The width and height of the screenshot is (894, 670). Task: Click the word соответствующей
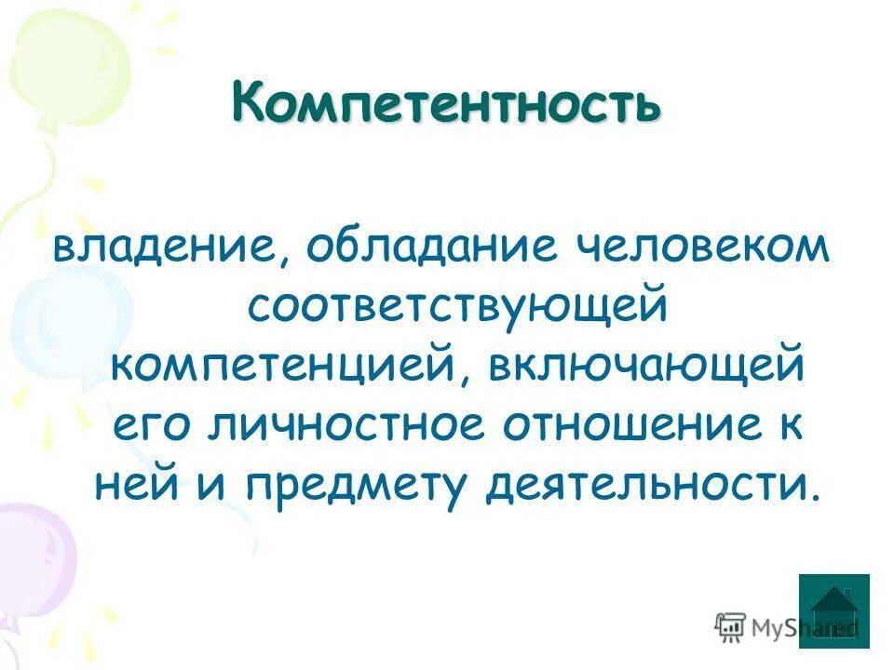457,308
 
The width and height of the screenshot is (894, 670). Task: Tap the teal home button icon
833,610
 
